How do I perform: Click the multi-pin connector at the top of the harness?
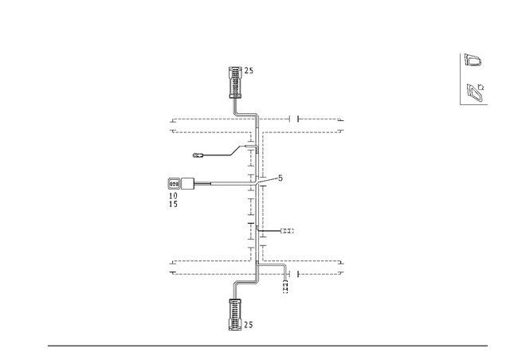click(236, 82)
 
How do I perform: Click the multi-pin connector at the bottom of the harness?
click(235, 315)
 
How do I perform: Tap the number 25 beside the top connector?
click(249, 71)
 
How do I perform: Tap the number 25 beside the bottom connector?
click(249, 324)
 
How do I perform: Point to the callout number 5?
click(280, 178)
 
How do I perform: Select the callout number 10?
click(174, 196)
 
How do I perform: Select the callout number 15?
click(174, 204)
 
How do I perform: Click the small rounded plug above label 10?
click(175, 184)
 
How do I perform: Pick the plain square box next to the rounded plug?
click(188, 184)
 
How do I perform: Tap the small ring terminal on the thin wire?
click(196, 155)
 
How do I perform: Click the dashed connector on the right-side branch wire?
click(287, 231)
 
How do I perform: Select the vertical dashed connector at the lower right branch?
click(285, 287)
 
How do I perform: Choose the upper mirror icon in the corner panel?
click(473, 61)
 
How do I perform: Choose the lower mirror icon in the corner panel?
click(474, 92)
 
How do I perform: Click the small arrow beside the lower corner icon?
click(481, 87)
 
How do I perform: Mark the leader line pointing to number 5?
click(268, 181)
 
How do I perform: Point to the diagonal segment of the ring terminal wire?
click(236, 151)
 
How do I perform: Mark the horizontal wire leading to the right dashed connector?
click(269, 231)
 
